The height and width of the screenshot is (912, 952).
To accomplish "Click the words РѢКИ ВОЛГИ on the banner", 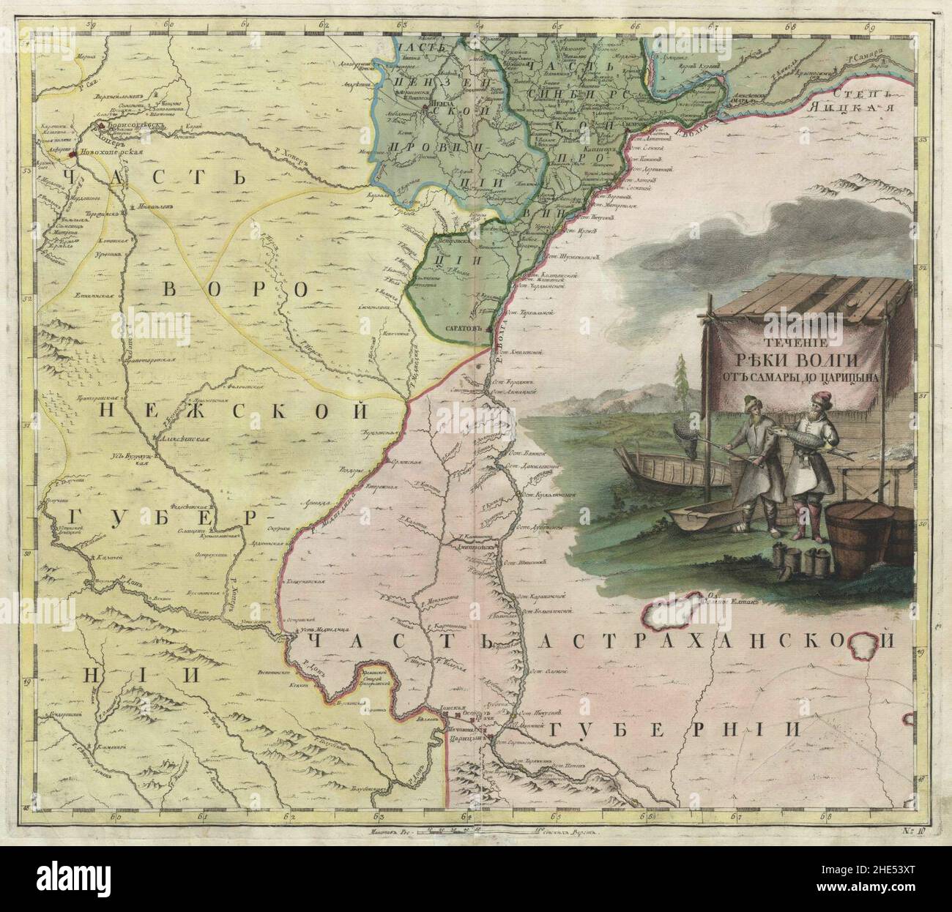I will tap(796, 361).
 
